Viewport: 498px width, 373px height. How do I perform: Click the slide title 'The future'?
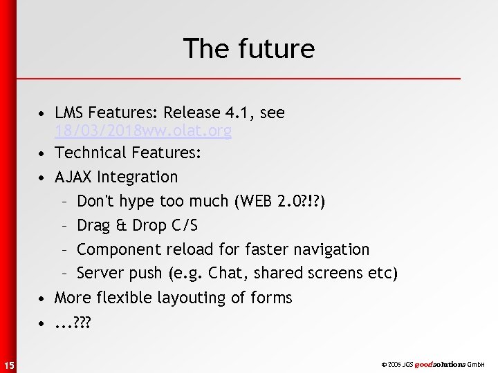pos(248,48)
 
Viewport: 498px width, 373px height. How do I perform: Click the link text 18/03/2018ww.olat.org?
pos(143,131)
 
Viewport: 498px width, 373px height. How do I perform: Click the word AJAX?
pos(73,177)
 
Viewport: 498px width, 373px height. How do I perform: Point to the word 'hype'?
pos(140,202)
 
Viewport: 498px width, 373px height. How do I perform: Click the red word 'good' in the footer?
pos(424,364)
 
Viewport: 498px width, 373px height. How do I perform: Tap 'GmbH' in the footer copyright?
pos(477,364)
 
